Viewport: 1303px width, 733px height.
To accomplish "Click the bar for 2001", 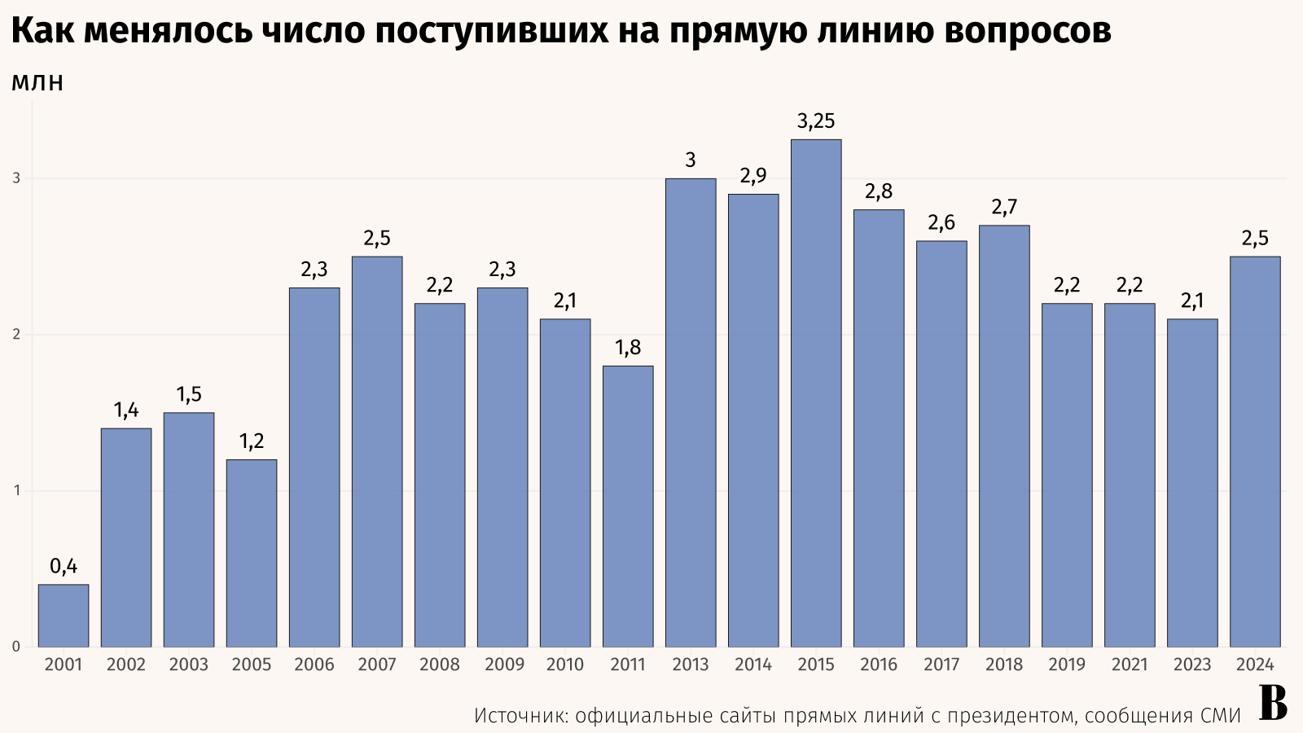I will [64, 616].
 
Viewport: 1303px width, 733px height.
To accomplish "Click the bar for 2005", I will [252, 554].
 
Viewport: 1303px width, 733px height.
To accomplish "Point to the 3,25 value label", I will [816, 122].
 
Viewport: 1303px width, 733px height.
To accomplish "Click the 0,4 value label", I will [64, 567].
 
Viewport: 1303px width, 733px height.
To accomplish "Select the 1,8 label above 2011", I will [628, 349].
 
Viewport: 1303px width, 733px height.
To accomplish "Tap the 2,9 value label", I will [753, 176].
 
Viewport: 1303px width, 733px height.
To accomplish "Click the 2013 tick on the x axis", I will [691, 665].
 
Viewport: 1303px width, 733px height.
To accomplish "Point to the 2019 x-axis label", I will [1067, 665].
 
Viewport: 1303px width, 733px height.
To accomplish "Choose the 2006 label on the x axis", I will [314, 665].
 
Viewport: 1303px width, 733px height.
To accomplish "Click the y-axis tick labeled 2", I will [15, 335].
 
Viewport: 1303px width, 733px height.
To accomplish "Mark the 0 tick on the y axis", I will [15, 647].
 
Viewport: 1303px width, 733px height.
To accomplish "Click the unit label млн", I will [37, 83].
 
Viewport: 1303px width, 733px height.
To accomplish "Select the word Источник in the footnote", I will [520, 716].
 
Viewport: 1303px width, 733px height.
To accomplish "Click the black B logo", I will [1273, 703].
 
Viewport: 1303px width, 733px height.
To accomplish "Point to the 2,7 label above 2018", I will [1004, 208].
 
